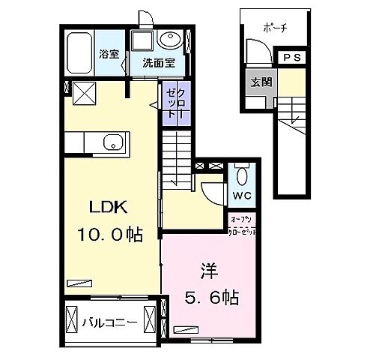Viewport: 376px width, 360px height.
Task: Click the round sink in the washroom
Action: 170,38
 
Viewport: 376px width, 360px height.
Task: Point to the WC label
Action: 243,196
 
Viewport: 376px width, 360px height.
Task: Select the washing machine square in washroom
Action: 142,40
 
